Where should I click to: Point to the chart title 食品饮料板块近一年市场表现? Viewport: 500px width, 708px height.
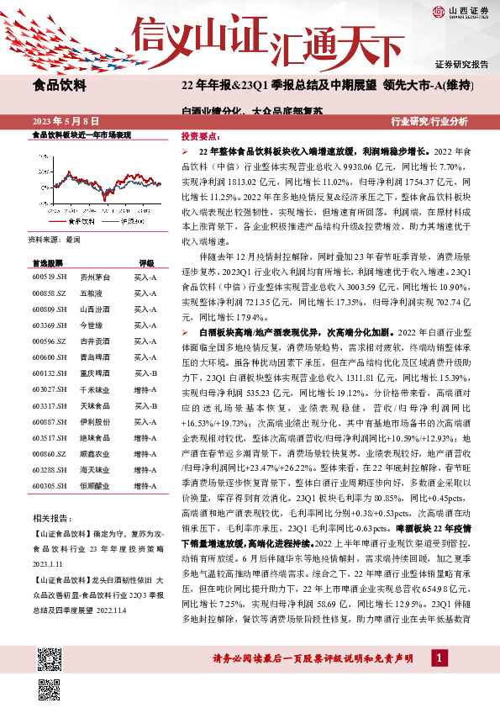coord(82,135)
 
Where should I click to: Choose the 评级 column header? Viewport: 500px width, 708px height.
coord(145,262)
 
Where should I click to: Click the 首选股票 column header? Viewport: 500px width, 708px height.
coord(47,262)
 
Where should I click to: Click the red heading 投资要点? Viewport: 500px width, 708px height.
coord(197,135)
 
